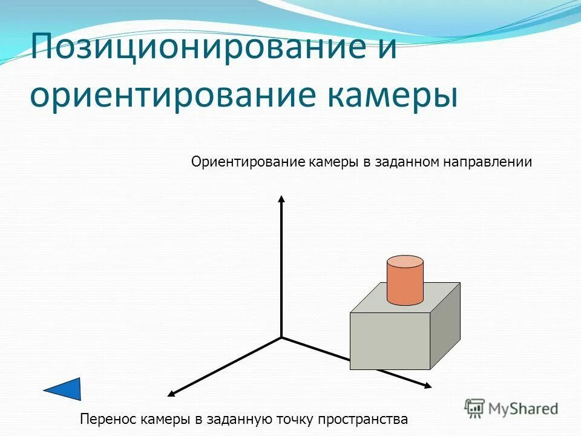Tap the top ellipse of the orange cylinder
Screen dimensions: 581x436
click(405, 262)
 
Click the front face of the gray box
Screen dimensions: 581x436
click(390, 341)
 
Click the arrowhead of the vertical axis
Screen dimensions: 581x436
click(281, 199)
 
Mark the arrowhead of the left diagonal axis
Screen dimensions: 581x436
click(171, 394)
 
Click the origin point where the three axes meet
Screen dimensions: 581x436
click(281, 337)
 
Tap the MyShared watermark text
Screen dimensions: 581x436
click(523, 409)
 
